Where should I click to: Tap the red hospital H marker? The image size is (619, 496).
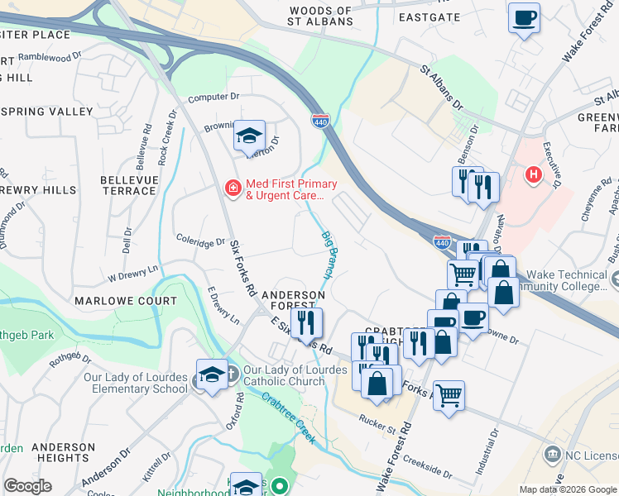point(534,175)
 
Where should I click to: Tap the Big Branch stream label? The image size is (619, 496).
point(328,253)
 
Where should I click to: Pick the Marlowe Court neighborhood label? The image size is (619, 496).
point(127,302)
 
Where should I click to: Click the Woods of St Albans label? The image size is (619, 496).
point(320,16)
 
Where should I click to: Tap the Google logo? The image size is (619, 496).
point(28,486)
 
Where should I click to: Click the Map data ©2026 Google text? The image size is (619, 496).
point(567,489)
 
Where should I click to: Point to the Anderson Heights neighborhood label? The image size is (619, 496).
point(63,452)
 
